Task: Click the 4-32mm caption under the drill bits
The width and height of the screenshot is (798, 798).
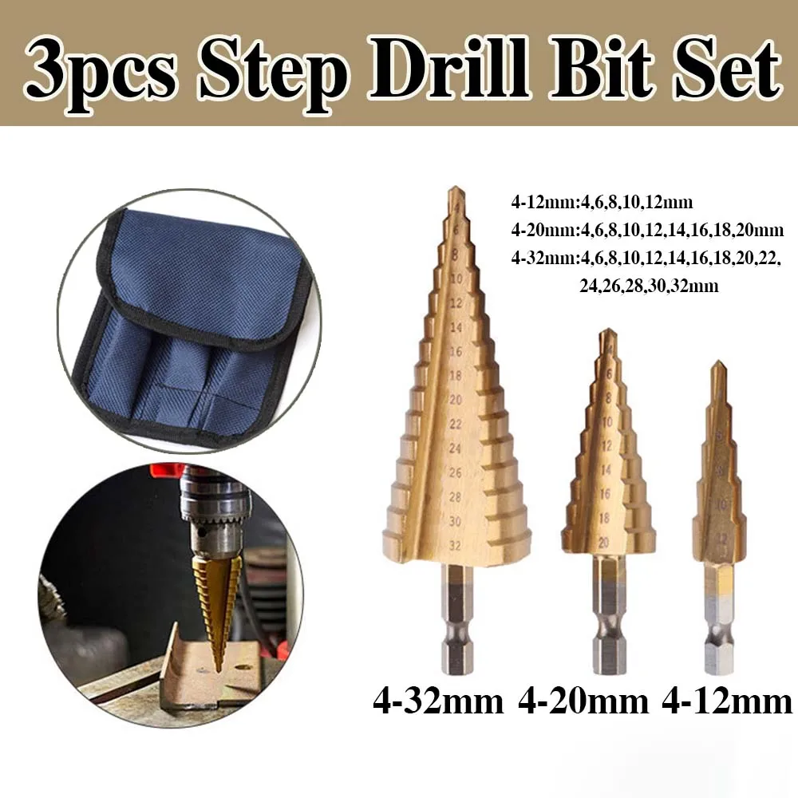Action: [x=438, y=702]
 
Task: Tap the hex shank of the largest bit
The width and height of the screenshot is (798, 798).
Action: [x=457, y=618]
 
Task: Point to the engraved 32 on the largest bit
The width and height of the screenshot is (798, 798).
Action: [x=456, y=545]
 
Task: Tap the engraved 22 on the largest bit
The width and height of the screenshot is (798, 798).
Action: [x=456, y=423]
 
